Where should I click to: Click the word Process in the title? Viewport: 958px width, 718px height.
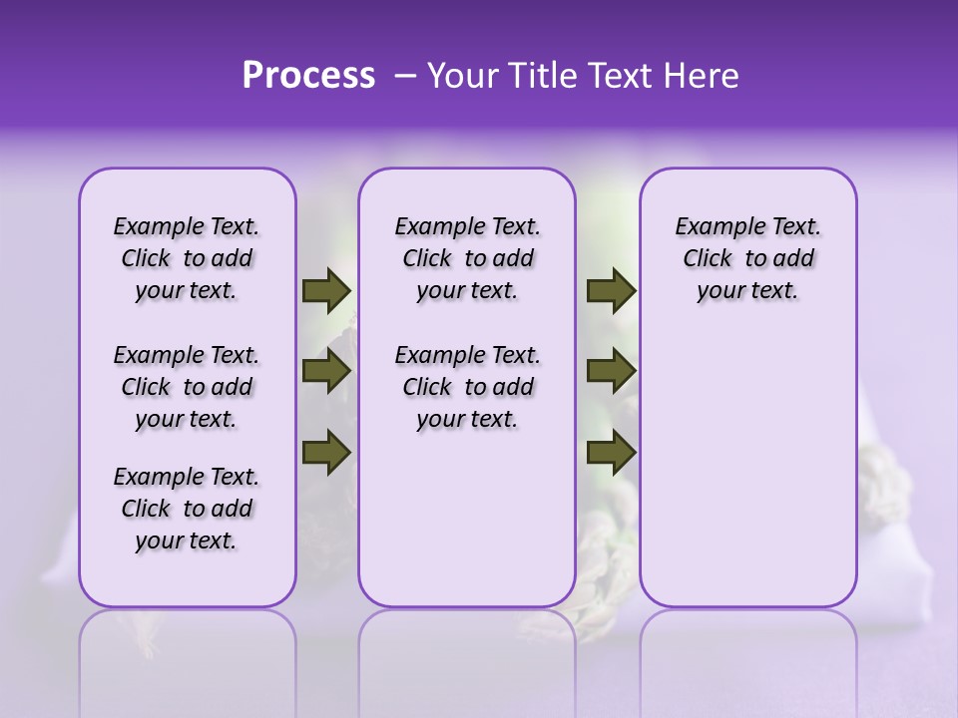(x=308, y=76)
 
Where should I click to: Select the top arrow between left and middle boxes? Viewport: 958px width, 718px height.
(x=326, y=290)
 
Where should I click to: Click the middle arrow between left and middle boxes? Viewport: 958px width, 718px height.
(x=326, y=372)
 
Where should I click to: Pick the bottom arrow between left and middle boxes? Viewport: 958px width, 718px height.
(x=326, y=452)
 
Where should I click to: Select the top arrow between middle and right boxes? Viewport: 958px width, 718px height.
(x=611, y=290)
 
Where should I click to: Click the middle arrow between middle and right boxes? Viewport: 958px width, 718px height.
(x=611, y=372)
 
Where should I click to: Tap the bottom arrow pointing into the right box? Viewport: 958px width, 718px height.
(x=611, y=452)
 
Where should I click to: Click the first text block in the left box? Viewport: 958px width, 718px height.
(x=187, y=258)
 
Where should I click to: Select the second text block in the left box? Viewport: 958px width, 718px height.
(x=187, y=387)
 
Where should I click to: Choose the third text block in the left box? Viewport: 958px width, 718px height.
(x=187, y=509)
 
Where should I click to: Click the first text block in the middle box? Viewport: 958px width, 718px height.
(x=467, y=258)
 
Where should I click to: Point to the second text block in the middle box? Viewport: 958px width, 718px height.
(x=467, y=387)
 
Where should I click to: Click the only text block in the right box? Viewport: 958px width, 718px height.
(x=747, y=258)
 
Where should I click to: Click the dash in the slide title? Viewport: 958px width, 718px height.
(x=404, y=76)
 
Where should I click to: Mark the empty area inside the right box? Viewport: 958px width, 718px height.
(x=747, y=449)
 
